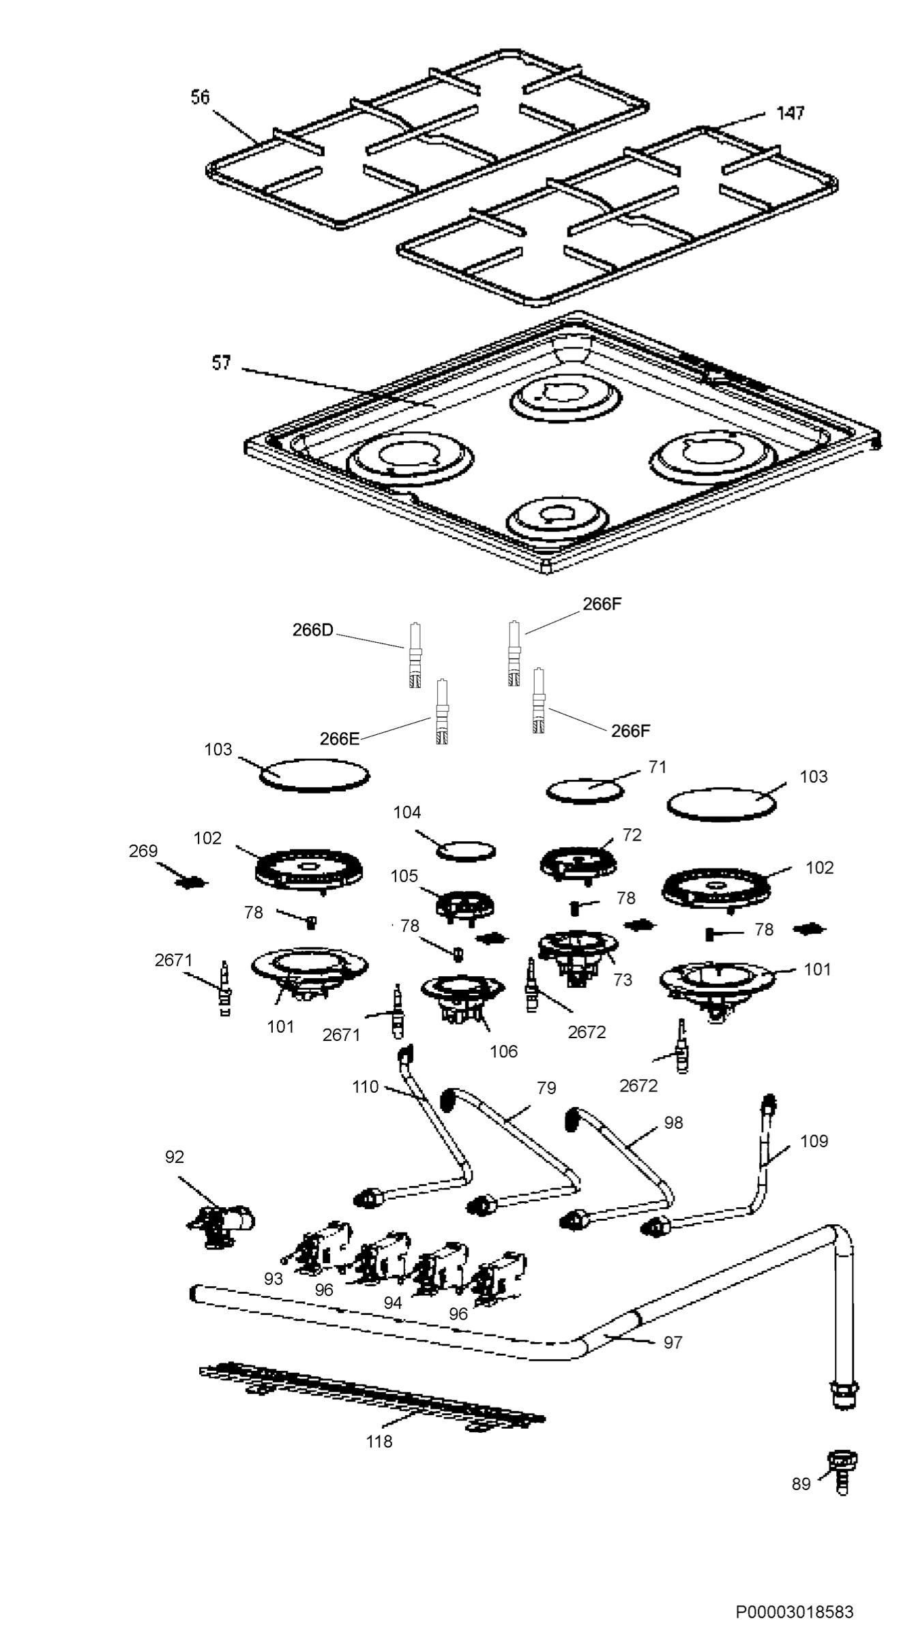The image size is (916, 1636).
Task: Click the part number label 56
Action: tap(200, 97)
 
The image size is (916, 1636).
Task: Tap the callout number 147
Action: tap(791, 113)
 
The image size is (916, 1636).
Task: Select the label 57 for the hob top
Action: tap(221, 363)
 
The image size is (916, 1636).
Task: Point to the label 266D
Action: tap(313, 630)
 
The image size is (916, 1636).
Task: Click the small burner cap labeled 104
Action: tap(466, 851)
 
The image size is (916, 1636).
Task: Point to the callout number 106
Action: tap(504, 1051)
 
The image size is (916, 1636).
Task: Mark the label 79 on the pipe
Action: tap(546, 1088)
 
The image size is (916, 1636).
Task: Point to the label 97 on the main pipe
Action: tap(673, 1342)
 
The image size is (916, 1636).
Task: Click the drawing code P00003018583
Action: tap(795, 1611)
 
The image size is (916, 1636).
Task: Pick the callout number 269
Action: tap(143, 851)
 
